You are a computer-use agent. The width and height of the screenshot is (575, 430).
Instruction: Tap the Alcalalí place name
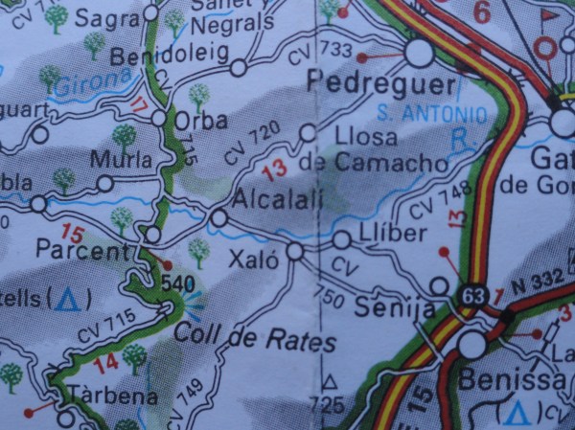279,198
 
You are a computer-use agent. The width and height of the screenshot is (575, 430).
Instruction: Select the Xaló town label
253,259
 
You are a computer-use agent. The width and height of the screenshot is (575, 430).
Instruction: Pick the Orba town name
201,121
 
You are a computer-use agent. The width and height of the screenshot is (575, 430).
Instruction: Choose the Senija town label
389,307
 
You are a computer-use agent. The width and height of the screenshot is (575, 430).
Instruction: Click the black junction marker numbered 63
471,294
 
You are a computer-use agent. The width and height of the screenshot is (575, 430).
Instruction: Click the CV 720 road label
245,144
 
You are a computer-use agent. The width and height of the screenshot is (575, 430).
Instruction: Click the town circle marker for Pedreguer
419,52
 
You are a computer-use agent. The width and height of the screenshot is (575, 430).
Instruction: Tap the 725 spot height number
327,403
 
